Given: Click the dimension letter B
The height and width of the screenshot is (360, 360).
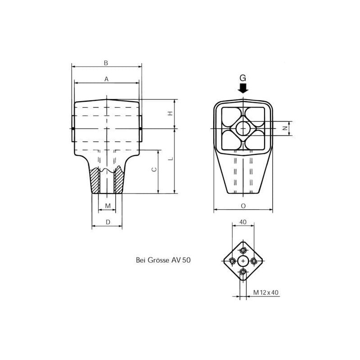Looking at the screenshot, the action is pyautogui.click(x=106, y=63).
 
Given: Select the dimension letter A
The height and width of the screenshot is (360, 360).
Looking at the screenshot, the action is pyautogui.click(x=106, y=79).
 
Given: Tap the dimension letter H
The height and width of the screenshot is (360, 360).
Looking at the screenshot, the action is pyautogui.click(x=170, y=113).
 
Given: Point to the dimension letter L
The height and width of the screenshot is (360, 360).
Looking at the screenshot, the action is pyautogui.click(x=171, y=158).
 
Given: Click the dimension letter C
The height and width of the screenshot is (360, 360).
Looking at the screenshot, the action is pyautogui.click(x=154, y=170).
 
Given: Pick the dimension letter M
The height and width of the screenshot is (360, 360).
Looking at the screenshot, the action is pyautogui.click(x=108, y=206).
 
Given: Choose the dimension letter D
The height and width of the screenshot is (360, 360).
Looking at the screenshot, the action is pyautogui.click(x=108, y=222).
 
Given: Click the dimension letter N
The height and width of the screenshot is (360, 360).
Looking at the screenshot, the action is pyautogui.click(x=285, y=128).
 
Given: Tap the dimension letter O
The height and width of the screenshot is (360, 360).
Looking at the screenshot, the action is pyautogui.click(x=243, y=206).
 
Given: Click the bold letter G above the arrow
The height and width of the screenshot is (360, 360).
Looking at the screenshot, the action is pyautogui.click(x=243, y=78).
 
